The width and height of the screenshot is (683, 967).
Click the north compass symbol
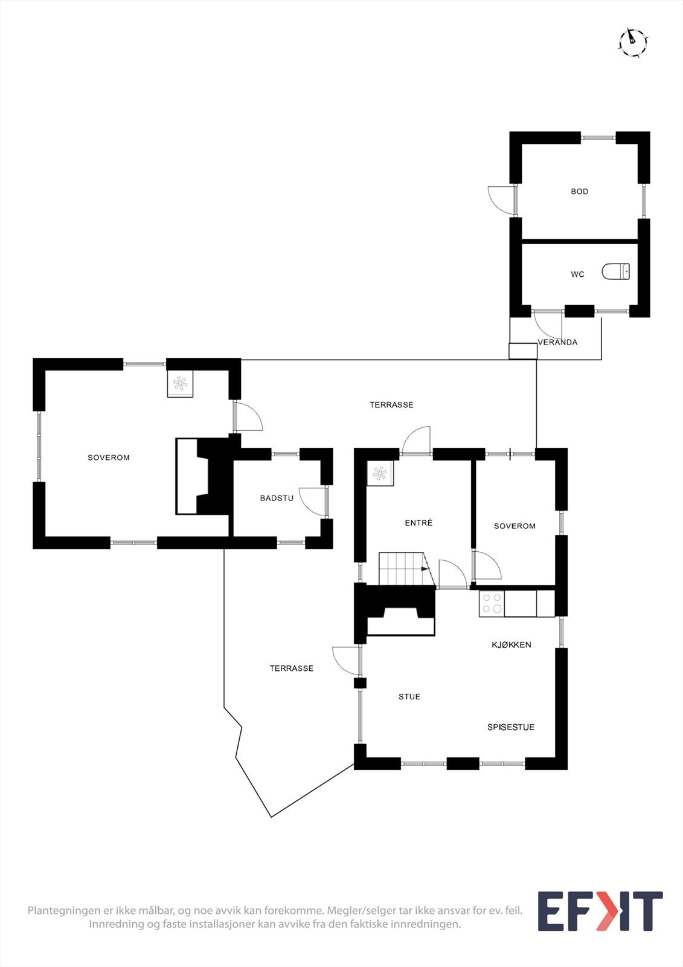(x=633, y=42)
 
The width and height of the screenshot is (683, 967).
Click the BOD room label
(x=579, y=192)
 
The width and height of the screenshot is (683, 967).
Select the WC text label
(x=577, y=274)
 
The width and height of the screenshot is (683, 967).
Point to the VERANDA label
(x=557, y=342)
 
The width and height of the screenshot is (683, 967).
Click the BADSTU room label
(x=277, y=498)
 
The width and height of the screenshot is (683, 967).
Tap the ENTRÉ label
(x=418, y=523)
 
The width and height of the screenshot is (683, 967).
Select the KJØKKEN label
(x=511, y=645)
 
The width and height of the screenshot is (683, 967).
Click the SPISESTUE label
(x=511, y=727)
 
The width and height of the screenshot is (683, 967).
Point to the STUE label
(x=409, y=697)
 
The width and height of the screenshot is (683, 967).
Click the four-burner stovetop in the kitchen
(x=491, y=603)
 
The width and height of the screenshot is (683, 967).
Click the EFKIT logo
(x=600, y=911)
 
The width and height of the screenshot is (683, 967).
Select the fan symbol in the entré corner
(x=380, y=473)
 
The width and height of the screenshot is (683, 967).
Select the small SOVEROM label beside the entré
(x=515, y=526)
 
